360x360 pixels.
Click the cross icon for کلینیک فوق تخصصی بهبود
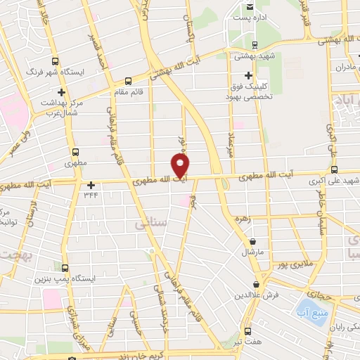pos(247,75)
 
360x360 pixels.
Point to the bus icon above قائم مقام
pos(127,80)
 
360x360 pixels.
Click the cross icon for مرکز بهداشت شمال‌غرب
pos(61,92)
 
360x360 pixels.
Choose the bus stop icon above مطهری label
pos(75,152)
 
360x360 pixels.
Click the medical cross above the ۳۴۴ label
pos(90,186)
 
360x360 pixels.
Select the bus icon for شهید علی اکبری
pos(334,169)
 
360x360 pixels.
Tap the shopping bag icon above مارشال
pos(252,239)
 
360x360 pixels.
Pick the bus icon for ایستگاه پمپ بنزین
pos(65,267)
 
